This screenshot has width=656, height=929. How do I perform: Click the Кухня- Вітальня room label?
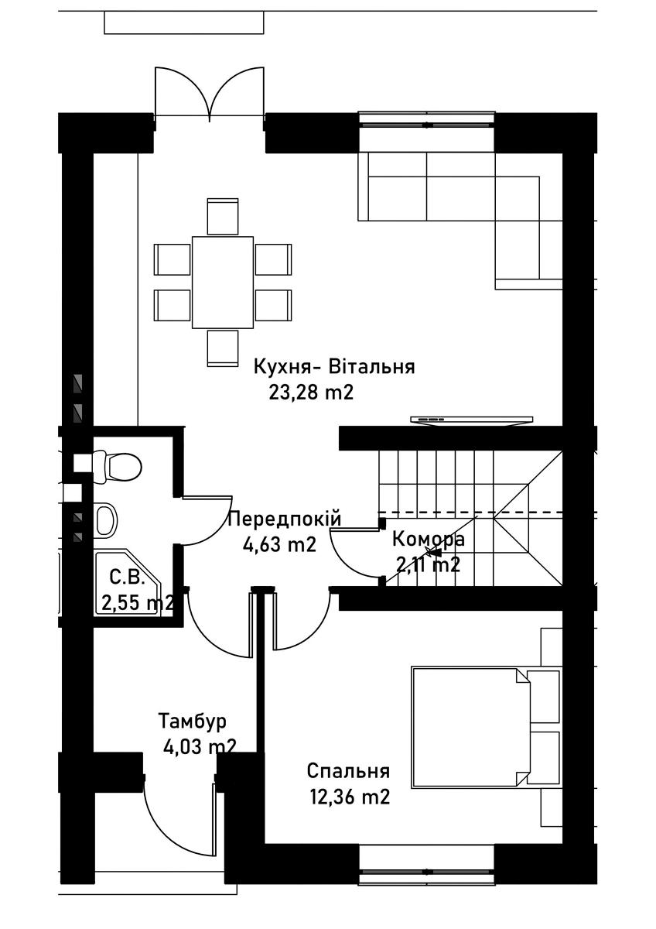[334, 368]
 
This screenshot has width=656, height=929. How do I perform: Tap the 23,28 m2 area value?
[311, 393]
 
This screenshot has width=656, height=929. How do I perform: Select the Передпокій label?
[284, 519]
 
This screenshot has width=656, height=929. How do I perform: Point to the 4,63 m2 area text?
[279, 544]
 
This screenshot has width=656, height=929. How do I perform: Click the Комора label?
[429, 540]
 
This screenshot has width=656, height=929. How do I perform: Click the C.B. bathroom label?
[127, 578]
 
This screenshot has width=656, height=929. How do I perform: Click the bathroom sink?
[107, 520]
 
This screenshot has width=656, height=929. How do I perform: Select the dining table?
[223, 282]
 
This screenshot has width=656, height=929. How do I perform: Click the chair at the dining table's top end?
[223, 217]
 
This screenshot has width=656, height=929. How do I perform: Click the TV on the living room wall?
[472, 420]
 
